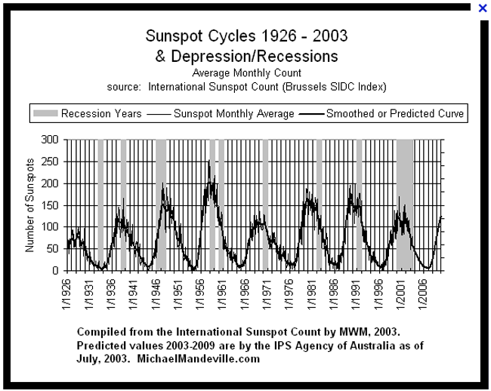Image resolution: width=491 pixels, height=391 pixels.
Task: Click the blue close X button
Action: point(483,8)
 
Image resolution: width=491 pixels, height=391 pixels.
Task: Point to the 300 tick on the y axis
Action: point(51,140)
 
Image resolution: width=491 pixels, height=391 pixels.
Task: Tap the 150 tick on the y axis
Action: point(51,205)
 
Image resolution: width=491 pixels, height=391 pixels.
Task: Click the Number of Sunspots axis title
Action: point(30,205)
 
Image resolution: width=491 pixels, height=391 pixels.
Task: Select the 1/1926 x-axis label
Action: point(69,291)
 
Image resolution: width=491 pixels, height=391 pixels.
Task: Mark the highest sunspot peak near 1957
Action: point(209,162)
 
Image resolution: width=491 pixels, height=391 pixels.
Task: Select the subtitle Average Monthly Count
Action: point(247,73)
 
